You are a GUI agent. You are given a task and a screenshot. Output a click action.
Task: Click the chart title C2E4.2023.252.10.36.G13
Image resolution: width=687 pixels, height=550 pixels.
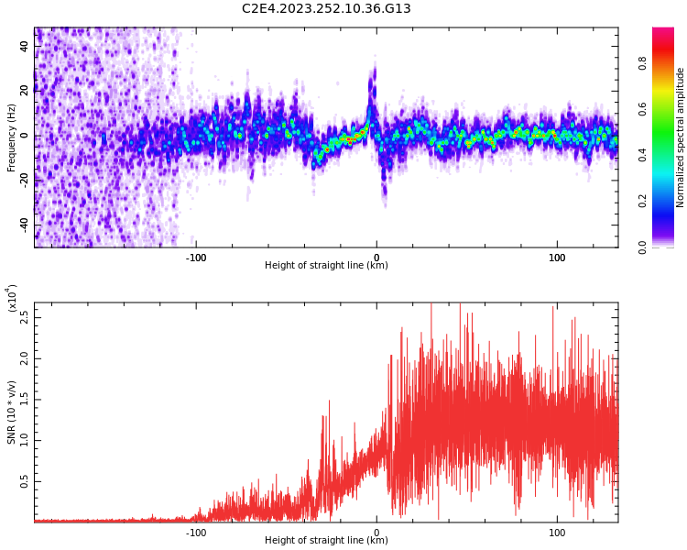point(326,9)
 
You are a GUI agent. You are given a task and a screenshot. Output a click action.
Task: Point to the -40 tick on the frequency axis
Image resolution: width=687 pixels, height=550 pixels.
point(23,225)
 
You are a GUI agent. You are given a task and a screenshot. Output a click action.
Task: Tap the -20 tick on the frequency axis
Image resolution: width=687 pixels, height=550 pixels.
point(23,181)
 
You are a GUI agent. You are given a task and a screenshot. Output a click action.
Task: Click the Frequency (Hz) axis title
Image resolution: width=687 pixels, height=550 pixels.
point(11,137)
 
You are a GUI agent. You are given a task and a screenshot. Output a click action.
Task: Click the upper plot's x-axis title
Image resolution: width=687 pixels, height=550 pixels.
point(326,266)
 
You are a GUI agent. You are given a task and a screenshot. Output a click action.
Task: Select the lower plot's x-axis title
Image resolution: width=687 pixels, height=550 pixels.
point(326,541)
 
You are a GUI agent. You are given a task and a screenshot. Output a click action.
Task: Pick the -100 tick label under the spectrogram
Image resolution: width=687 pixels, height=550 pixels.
point(196,257)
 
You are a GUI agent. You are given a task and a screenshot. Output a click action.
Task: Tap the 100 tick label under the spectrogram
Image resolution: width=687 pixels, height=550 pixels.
point(557,257)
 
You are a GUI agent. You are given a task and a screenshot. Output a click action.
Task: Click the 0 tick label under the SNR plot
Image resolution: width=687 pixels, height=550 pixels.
point(376,532)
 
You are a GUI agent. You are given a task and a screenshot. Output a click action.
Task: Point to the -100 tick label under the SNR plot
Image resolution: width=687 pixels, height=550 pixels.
point(196,532)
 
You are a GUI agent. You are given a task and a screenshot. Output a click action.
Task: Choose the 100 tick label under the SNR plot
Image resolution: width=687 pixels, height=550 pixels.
point(557,532)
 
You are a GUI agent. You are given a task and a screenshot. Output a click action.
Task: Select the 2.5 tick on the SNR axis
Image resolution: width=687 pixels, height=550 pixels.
point(25,317)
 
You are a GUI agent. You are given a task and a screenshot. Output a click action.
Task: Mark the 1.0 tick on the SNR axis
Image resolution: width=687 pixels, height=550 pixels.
point(25,440)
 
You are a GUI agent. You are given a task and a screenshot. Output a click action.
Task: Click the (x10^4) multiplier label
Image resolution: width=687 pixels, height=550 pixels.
point(12,298)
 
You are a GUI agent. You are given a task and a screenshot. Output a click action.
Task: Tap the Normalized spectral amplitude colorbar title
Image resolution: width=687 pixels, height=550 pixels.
point(681,137)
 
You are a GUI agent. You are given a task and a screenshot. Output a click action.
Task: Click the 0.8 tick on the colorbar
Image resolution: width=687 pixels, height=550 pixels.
point(642,63)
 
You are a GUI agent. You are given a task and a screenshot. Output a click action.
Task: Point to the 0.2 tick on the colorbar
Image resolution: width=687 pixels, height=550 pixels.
point(642,202)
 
